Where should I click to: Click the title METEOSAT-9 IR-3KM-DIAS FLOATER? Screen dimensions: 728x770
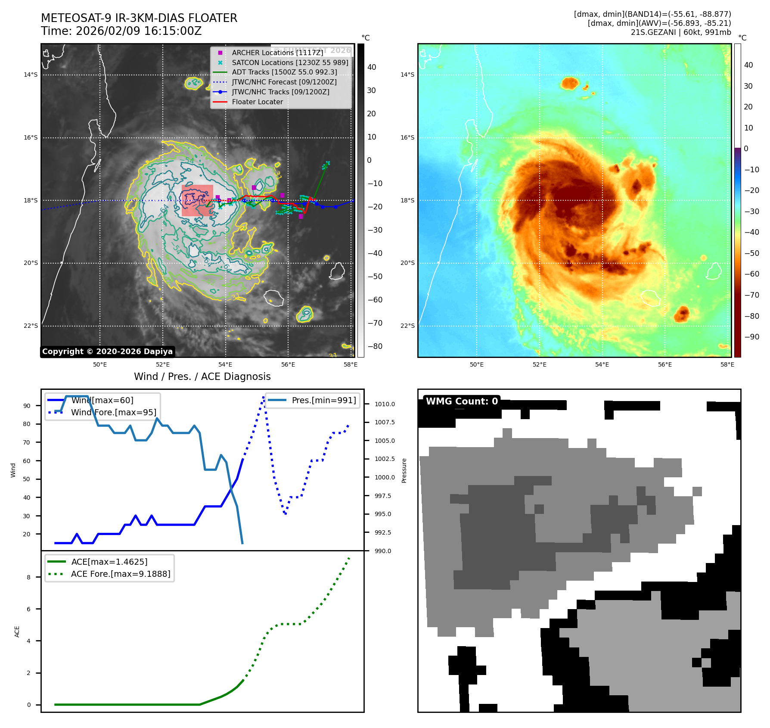click(x=139, y=18)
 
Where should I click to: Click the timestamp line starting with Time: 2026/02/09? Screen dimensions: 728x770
click(x=121, y=31)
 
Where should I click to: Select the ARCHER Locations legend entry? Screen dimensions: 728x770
click(x=277, y=53)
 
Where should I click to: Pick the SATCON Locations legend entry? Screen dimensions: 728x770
click(x=289, y=62)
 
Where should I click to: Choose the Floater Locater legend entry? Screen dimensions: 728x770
click(x=257, y=102)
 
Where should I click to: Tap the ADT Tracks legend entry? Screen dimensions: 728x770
click(x=284, y=72)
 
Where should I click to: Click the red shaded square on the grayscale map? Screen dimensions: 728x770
click(x=197, y=200)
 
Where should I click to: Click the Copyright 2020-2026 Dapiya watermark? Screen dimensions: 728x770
click(x=107, y=352)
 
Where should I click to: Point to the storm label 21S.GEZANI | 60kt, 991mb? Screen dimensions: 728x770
click(x=681, y=32)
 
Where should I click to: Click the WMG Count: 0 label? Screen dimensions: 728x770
click(x=461, y=401)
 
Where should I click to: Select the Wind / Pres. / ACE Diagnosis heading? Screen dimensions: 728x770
click(x=202, y=376)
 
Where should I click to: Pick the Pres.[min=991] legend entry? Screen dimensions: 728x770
click(x=323, y=401)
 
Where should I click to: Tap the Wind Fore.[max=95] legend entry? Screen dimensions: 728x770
click(x=113, y=413)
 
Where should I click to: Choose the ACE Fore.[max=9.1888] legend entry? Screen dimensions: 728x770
click(x=121, y=574)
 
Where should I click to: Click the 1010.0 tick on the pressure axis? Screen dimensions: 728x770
click(x=384, y=404)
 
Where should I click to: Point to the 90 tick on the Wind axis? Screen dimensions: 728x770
click(x=27, y=406)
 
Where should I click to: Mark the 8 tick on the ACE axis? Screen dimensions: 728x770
click(x=29, y=577)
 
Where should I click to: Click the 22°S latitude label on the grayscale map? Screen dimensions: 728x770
click(x=31, y=326)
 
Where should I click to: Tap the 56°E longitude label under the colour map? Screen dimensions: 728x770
click(x=664, y=365)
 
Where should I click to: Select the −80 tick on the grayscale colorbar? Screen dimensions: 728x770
click(x=375, y=346)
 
